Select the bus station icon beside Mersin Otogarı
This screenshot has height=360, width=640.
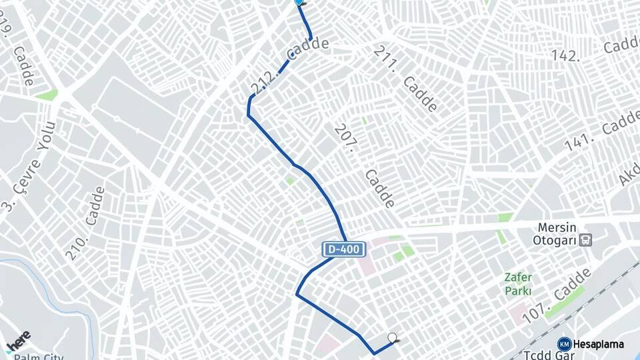click(x=586, y=240)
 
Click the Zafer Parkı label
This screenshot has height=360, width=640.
click(x=517, y=284)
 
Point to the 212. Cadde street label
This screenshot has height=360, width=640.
click(x=288, y=65)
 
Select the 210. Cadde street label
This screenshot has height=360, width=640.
click(x=86, y=223)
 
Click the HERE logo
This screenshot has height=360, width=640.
click(x=18, y=341)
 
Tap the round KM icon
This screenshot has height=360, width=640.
click(x=564, y=344)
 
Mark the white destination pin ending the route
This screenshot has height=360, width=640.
click(x=392, y=338)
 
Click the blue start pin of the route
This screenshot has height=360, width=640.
click(x=299, y=2)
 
